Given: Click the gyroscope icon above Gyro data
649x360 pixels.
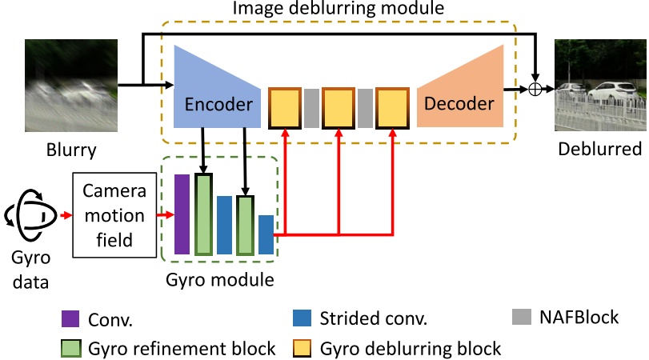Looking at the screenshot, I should pyautogui.click(x=31, y=215).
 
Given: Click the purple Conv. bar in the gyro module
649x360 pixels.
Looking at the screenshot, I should pyautogui.click(x=182, y=214).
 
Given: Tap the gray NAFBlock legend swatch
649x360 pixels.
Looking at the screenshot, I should pyautogui.click(x=521, y=318).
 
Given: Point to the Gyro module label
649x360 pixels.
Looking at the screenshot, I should pyautogui.click(x=219, y=280).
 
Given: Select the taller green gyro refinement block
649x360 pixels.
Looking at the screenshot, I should pyautogui.click(x=204, y=214).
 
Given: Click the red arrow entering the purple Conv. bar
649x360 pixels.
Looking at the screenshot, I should pyautogui.click(x=165, y=215).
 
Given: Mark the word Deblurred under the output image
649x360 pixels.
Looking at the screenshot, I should pyautogui.click(x=599, y=150).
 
